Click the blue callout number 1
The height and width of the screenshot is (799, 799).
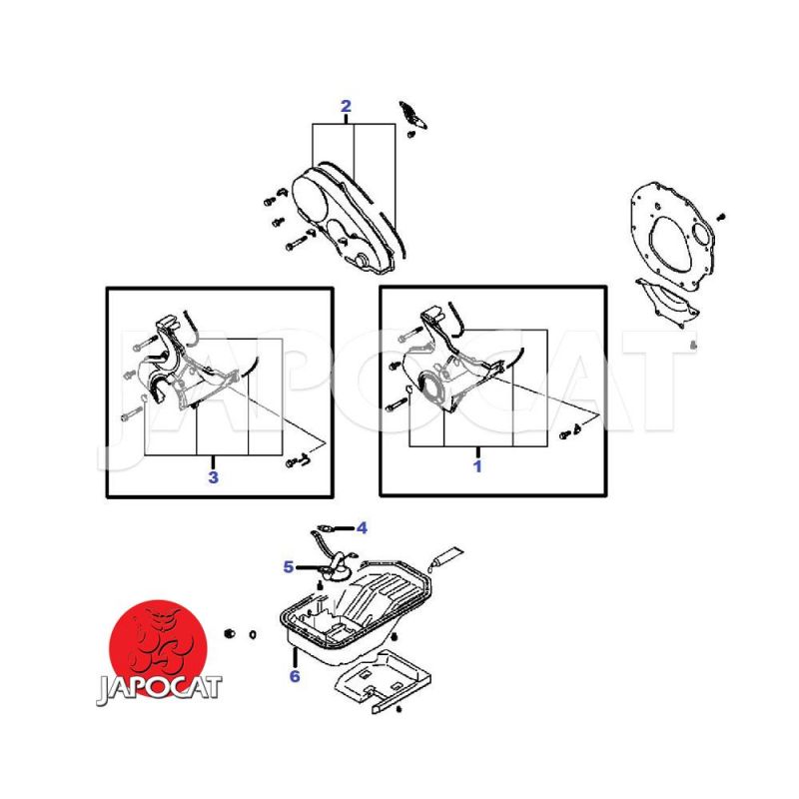[x=477, y=466]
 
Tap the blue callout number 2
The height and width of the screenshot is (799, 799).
[x=346, y=106]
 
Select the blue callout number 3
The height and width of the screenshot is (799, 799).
[x=213, y=477]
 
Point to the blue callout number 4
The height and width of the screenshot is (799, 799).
[x=362, y=528]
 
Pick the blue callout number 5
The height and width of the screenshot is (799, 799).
[x=289, y=566]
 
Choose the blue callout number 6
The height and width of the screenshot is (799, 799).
[x=295, y=676]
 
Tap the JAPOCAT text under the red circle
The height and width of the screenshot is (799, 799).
[x=159, y=689]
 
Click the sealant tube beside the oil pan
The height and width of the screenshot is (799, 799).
[x=445, y=559]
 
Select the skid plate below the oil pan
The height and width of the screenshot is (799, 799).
[x=383, y=680]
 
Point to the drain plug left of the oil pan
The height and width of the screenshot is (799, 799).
[x=230, y=633]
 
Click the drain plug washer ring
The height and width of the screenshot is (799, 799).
[x=253, y=635]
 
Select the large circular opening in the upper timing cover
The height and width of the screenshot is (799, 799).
[x=309, y=195]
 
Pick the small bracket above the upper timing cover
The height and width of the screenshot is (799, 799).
[x=412, y=115]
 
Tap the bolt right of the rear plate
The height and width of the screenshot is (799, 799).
[x=721, y=217]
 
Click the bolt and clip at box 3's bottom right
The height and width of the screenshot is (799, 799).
[x=299, y=460]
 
